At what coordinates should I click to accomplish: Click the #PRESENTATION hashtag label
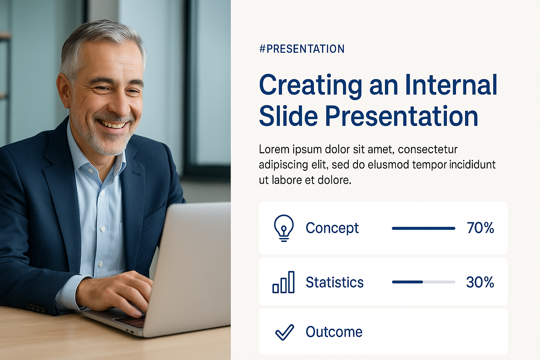tap(302, 49)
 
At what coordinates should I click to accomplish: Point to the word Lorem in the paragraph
tap(274, 149)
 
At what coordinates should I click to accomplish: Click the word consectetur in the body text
tap(427, 149)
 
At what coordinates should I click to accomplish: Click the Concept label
tap(332, 228)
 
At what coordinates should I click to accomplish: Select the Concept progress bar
tap(424, 229)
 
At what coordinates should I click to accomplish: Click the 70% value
tap(481, 228)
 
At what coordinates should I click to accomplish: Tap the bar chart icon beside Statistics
tap(283, 282)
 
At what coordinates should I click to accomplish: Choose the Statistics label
tap(335, 282)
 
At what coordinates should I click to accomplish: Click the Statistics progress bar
tap(424, 282)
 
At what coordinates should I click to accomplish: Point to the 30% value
tap(480, 282)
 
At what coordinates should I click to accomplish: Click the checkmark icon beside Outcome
tap(284, 332)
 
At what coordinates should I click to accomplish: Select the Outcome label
tap(334, 332)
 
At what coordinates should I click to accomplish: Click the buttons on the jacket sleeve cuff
tap(37, 308)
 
